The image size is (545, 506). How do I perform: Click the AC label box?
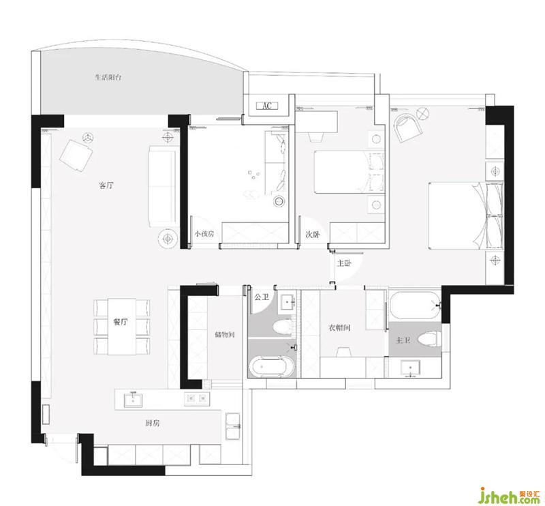[267, 106]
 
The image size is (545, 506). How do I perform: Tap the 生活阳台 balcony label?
[108, 77]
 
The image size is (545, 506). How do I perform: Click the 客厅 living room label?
[106, 185]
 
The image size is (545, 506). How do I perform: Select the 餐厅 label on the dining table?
[121, 322]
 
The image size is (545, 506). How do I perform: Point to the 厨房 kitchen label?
[152, 423]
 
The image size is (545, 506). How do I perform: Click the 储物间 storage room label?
[225, 334]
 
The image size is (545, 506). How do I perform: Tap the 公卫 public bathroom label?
[262, 297]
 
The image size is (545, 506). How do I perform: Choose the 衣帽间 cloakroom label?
[339, 327]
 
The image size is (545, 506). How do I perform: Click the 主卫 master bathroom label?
[403, 340]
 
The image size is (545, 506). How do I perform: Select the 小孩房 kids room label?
[204, 234]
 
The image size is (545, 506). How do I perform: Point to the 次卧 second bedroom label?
[313, 235]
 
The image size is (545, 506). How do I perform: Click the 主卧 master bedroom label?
[344, 263]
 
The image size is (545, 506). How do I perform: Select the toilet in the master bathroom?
[430, 340]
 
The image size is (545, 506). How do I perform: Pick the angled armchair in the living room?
[77, 155]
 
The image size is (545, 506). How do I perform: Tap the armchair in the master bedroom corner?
[407, 128]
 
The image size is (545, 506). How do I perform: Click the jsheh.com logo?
[510, 496]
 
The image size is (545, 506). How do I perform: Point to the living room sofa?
[162, 187]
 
